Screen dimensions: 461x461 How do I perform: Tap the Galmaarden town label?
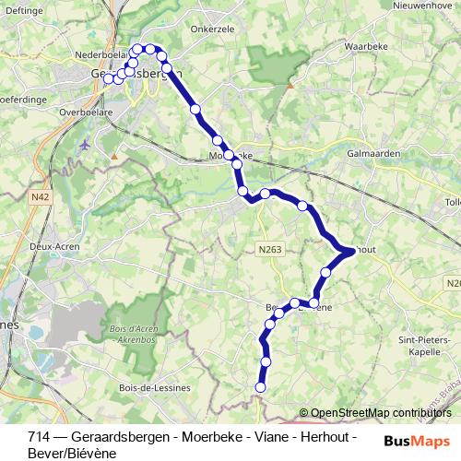click(372, 154)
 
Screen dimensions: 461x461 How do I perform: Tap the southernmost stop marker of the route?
click(260, 388)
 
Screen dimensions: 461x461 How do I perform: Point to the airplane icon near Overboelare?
click(86, 144)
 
